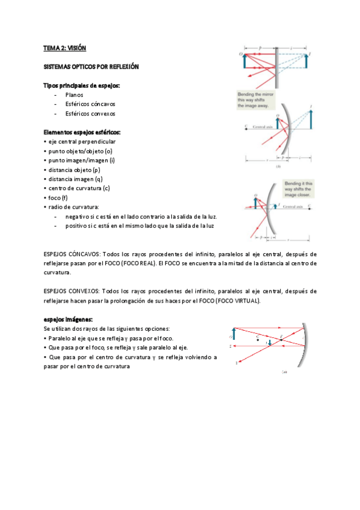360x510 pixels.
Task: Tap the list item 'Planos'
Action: pos(75,94)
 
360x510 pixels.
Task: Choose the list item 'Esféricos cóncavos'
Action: pos(91,104)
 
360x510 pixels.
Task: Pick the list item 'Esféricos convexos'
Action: pos(91,113)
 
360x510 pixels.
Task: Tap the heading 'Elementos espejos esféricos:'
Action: pos(82,132)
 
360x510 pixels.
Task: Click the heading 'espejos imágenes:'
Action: pos(69,319)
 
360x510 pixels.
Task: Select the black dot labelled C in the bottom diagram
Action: pos(258,337)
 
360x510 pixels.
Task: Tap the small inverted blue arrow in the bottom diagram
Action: pos(270,342)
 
